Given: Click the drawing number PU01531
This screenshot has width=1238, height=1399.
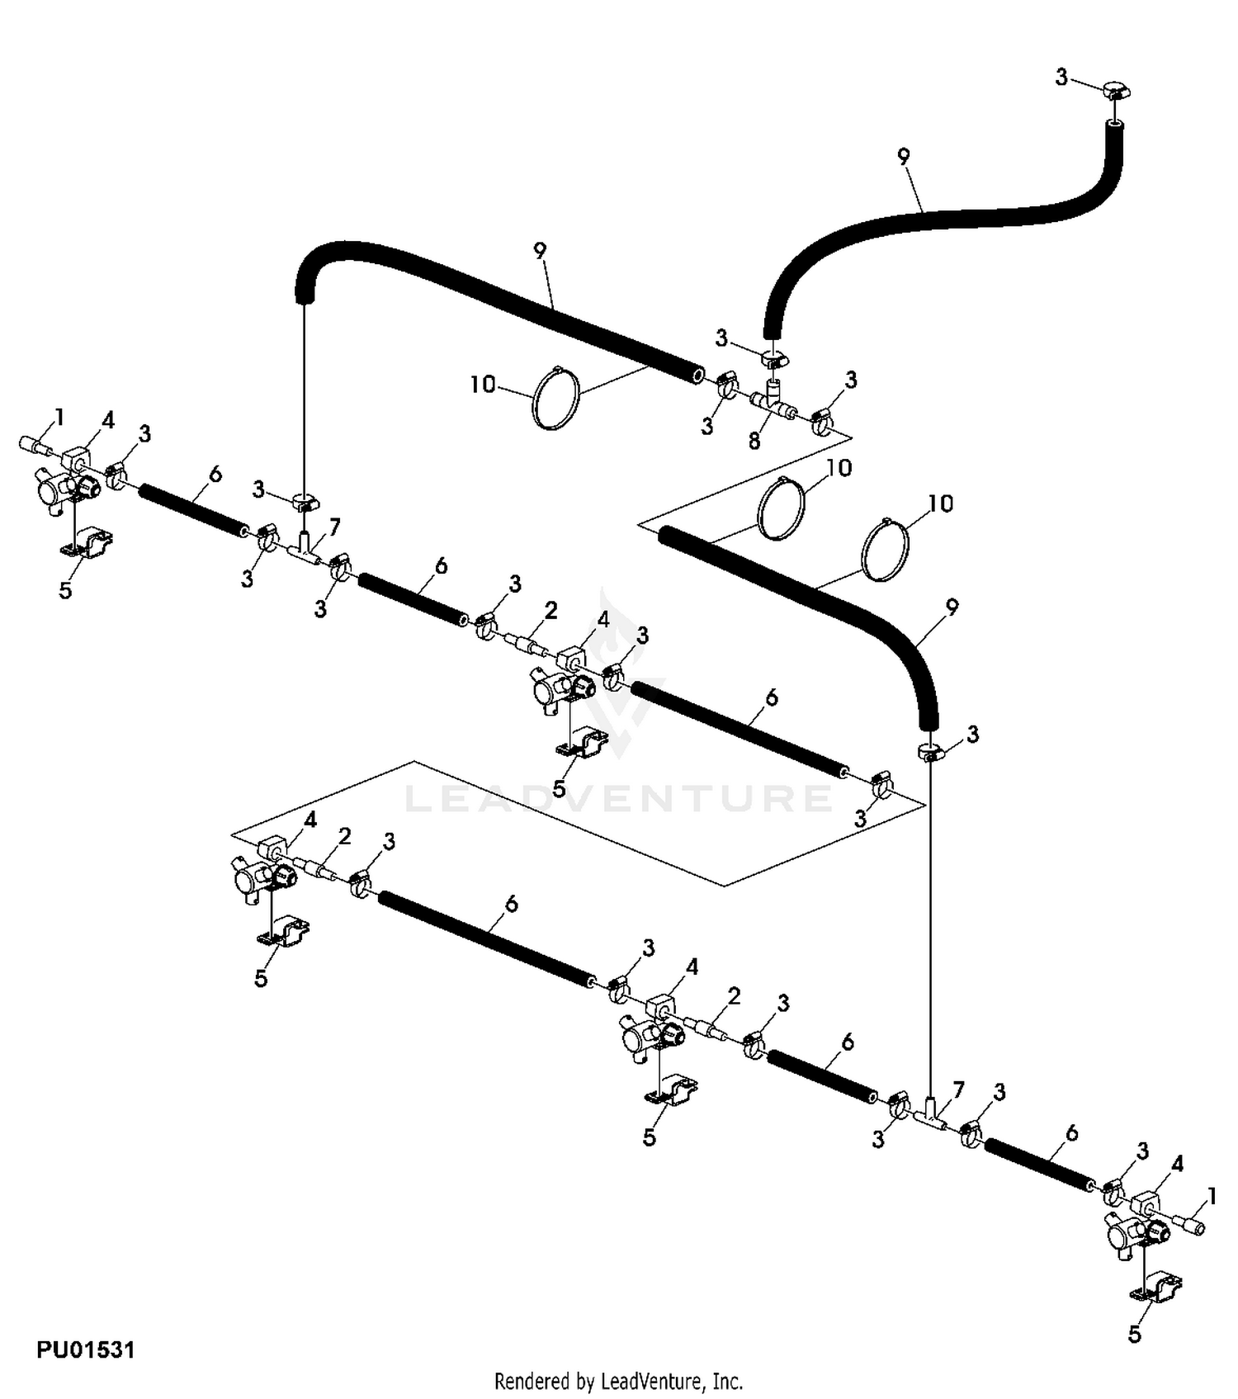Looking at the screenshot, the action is (x=85, y=1349).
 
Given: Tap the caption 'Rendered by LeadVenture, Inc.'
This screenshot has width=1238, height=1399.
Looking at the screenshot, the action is (x=618, y=1380).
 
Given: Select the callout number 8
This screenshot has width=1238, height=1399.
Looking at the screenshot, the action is (x=754, y=442).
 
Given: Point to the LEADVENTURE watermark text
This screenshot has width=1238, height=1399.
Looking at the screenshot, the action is (x=618, y=798).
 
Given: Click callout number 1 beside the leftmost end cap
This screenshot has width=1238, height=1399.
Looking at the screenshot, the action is (x=59, y=418).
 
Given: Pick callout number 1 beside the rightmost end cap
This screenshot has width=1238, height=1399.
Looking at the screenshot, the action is (x=1212, y=1195).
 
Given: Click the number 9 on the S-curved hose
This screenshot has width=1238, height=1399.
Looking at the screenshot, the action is (x=904, y=157).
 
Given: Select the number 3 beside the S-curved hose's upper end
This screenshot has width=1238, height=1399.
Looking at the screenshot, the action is (x=1061, y=78).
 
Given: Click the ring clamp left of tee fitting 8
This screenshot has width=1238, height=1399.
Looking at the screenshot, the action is (x=726, y=385).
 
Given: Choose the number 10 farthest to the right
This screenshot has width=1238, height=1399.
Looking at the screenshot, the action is (x=941, y=503).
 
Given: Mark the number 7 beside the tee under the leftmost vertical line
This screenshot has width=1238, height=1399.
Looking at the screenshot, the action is (x=334, y=526).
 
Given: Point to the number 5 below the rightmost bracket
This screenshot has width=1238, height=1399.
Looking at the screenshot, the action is (x=1134, y=1335).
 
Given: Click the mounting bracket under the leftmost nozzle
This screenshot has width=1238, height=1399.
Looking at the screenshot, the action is (x=87, y=544).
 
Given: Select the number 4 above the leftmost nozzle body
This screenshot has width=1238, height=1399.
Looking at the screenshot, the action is (x=108, y=421).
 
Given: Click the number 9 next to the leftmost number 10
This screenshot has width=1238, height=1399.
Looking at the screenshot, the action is (x=540, y=251).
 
